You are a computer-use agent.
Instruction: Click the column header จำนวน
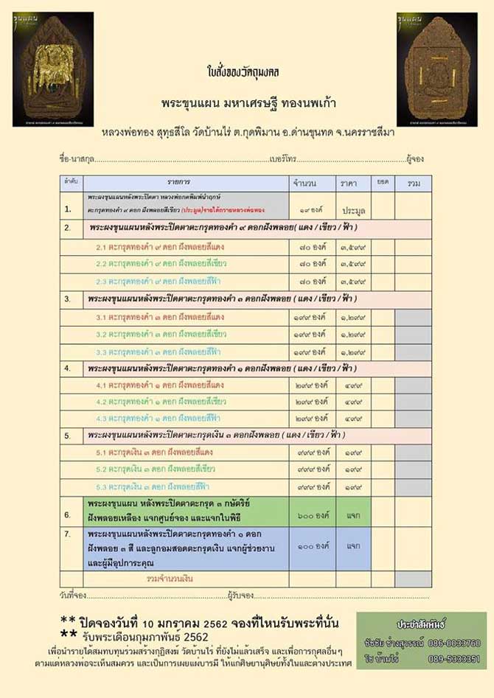[305, 182]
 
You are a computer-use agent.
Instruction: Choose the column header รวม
[413, 182]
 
